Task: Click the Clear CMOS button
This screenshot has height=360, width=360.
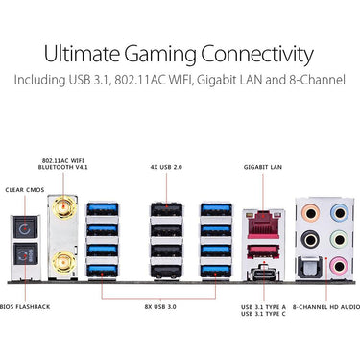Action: [x=26, y=228]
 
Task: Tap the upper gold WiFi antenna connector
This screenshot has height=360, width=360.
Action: [x=64, y=207]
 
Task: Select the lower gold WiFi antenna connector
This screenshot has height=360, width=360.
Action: [x=64, y=262]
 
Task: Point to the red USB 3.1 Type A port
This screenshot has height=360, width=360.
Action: [x=263, y=252]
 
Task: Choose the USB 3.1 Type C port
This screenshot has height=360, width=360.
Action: [x=264, y=274]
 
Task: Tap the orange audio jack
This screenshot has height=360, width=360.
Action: [x=311, y=213]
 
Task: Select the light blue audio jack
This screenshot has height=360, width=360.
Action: [x=339, y=213]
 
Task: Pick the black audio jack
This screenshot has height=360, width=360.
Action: [x=311, y=239]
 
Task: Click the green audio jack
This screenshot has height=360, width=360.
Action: [x=339, y=239]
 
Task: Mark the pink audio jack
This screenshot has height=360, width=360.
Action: [x=339, y=266]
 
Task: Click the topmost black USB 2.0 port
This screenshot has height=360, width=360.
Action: [x=166, y=209]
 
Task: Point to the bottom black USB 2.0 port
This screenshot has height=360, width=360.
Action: [x=166, y=272]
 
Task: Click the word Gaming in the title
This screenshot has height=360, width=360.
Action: [x=160, y=55]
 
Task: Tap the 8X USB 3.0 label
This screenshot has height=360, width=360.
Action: [x=160, y=307]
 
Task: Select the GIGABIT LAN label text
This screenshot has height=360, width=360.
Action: [x=263, y=167]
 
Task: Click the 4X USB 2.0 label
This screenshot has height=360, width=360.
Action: [x=166, y=167]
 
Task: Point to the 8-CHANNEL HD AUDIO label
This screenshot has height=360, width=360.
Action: [x=326, y=307]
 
